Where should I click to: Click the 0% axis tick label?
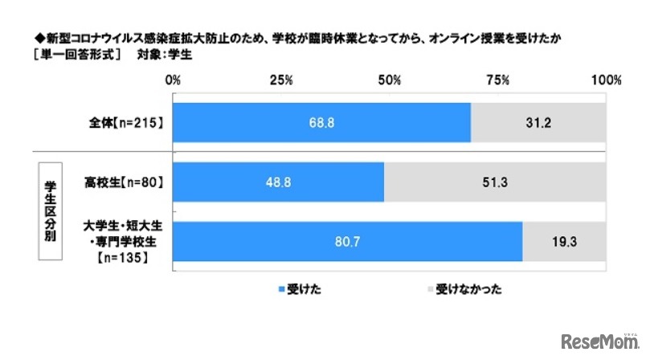(172, 80)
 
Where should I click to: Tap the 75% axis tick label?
(497, 80)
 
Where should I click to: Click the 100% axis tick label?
(605, 80)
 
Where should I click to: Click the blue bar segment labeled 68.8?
(321, 123)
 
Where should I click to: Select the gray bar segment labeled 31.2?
(538, 123)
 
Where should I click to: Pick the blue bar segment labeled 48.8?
(278, 182)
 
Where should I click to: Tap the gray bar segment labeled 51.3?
(496, 182)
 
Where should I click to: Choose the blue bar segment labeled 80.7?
(347, 240)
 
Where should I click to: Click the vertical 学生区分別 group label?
(49, 211)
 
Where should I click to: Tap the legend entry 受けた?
(300, 289)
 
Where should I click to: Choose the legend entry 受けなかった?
(467, 289)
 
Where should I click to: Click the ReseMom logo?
(596, 337)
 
